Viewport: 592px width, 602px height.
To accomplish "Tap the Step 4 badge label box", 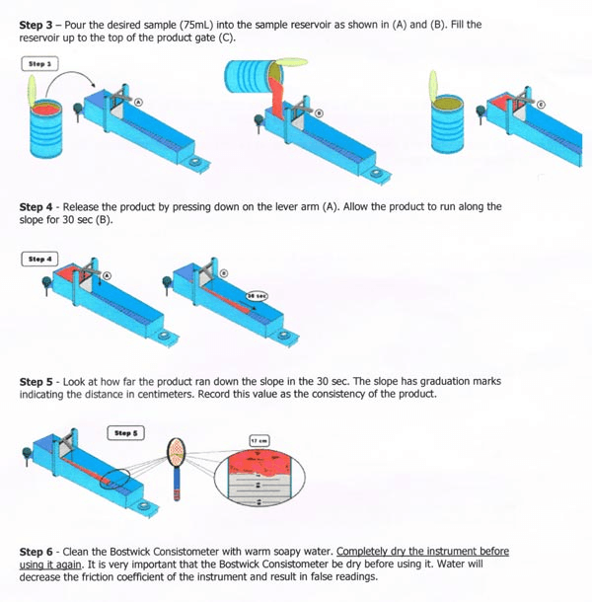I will [38, 259].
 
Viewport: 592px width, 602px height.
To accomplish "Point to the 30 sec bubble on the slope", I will [258, 294].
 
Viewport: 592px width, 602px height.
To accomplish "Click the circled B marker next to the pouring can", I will [320, 113].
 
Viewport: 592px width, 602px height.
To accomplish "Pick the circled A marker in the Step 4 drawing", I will [107, 276].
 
